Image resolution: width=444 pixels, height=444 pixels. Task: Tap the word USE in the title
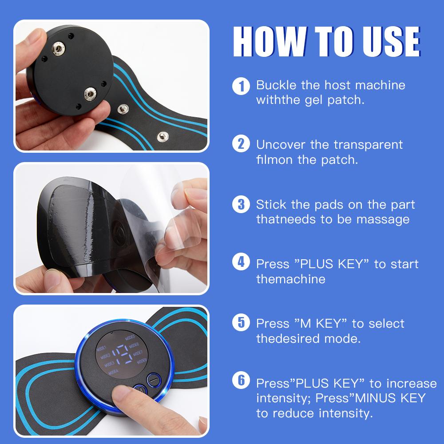[x=388, y=43]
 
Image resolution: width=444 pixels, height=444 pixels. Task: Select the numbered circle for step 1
[x=241, y=85]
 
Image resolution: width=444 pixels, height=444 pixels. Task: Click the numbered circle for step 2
[x=241, y=145]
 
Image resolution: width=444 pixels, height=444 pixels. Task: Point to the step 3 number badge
[x=241, y=205]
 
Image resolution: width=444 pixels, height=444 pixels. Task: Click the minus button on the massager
[x=153, y=380]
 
